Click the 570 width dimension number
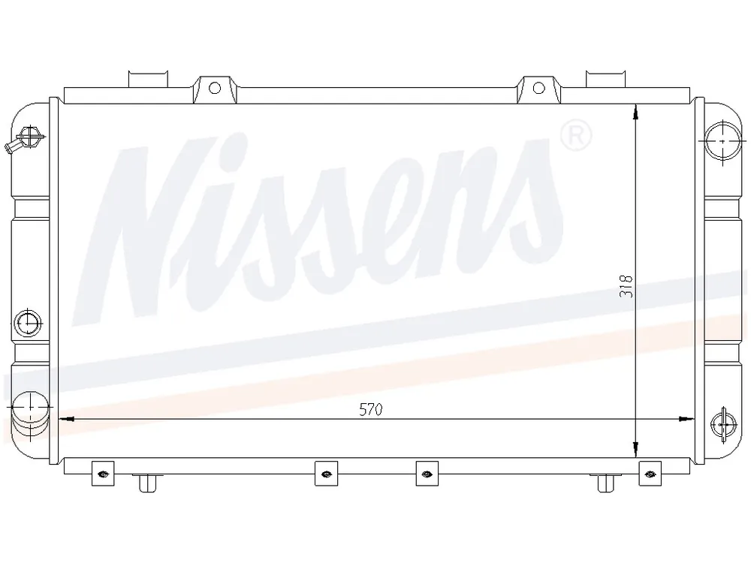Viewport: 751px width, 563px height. click(371, 410)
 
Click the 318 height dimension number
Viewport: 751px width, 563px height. click(626, 286)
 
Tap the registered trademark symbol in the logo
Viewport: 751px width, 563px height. click(576, 136)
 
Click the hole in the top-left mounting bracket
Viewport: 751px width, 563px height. click(215, 88)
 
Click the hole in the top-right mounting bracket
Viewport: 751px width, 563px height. click(538, 88)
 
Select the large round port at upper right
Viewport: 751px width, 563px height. click(722, 141)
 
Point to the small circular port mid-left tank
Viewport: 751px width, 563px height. click(29, 322)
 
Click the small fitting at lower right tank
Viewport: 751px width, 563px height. click(723, 425)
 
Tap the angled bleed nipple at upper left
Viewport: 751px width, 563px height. click(25, 140)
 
